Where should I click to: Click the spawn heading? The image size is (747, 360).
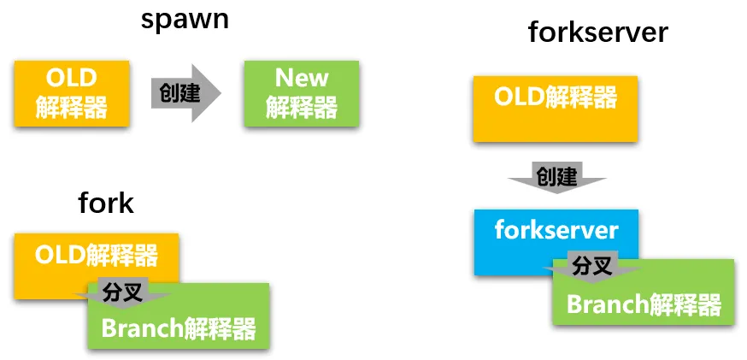(185, 19)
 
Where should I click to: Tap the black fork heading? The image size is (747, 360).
(106, 203)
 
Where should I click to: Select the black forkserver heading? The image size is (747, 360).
(597, 32)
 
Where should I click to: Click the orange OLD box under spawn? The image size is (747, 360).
(71, 93)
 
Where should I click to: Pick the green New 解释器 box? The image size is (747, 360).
(301, 93)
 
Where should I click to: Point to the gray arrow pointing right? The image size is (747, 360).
(185, 92)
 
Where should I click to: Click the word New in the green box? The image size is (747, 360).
(301, 79)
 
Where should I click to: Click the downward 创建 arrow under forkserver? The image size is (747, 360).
(556, 177)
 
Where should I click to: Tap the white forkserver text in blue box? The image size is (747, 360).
(556, 230)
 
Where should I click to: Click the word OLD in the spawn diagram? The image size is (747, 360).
(71, 79)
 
